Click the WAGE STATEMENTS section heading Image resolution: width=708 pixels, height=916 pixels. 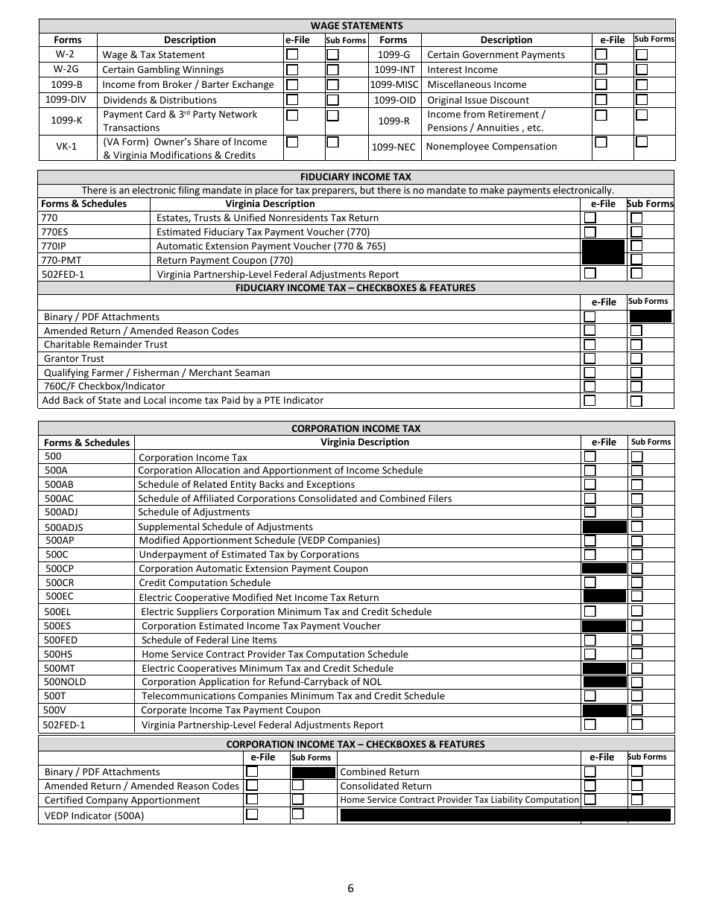click(356, 25)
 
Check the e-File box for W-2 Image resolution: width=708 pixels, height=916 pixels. click(293, 54)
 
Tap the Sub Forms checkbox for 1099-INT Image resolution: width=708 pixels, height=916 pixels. click(641, 69)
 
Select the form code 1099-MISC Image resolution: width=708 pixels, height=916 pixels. click(393, 85)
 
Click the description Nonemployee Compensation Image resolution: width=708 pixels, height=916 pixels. click(491, 147)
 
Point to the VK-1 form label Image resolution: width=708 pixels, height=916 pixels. click(67, 147)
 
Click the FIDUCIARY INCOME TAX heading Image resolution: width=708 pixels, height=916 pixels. click(355, 177)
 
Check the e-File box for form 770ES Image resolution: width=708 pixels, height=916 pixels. click(590, 232)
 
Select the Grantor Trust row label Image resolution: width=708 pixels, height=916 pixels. click(74, 358)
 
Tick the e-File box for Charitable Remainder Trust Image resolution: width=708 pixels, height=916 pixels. click(590, 345)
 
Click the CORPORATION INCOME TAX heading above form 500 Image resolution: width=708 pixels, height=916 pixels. click(355, 428)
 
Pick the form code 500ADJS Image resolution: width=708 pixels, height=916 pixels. click(64, 527)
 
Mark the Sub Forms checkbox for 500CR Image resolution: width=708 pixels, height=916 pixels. click(636, 582)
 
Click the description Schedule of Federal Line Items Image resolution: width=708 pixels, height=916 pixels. click(209, 640)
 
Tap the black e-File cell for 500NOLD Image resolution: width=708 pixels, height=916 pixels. click(604, 681)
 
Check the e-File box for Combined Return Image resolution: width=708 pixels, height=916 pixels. click(590, 772)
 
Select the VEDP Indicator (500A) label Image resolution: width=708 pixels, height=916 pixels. click(94, 815)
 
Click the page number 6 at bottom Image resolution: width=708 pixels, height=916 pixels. click(350, 888)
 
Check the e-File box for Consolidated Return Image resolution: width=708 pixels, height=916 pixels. click(590, 786)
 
